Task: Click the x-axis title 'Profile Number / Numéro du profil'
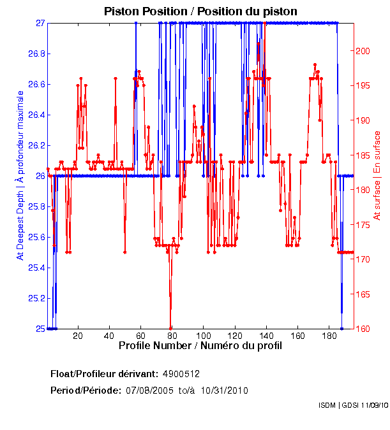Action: point(200,345)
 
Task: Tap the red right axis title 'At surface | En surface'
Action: point(377,176)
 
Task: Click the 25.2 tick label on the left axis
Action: point(34,298)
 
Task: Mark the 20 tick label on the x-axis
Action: point(78,336)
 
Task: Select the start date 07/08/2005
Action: point(148,390)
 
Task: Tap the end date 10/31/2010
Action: point(225,390)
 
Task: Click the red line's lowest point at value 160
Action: point(170,327)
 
